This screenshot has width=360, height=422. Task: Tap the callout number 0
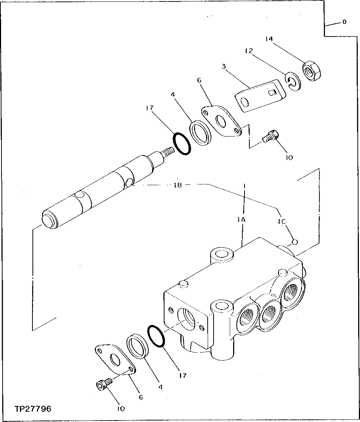pos(344,22)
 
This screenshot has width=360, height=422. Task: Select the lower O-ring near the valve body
pos(156,336)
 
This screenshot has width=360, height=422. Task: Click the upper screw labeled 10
pos(271,137)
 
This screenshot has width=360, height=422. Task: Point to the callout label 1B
pos(178,185)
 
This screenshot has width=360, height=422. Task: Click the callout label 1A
pos(242,219)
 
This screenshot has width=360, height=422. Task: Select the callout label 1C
pos(282,222)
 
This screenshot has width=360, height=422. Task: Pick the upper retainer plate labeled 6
pos(221,122)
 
